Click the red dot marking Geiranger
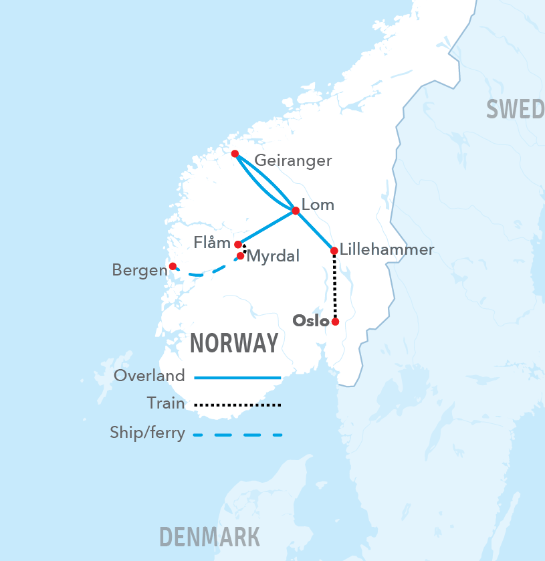point(235,154)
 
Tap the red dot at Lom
point(296,211)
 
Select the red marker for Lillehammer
point(334,251)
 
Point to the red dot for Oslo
point(335,322)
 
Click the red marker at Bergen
point(173,266)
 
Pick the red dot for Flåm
point(238,245)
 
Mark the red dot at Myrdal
point(240,255)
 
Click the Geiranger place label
point(293,161)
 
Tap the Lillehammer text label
point(387,250)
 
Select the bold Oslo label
point(311,321)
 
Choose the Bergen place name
point(139,271)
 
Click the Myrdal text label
point(273,256)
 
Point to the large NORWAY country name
point(234,343)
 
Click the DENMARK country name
point(209,536)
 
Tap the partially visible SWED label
point(515,109)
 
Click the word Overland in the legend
point(149,376)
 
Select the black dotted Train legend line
point(237,405)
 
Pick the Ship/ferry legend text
point(147,433)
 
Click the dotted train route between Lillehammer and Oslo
point(334,288)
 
